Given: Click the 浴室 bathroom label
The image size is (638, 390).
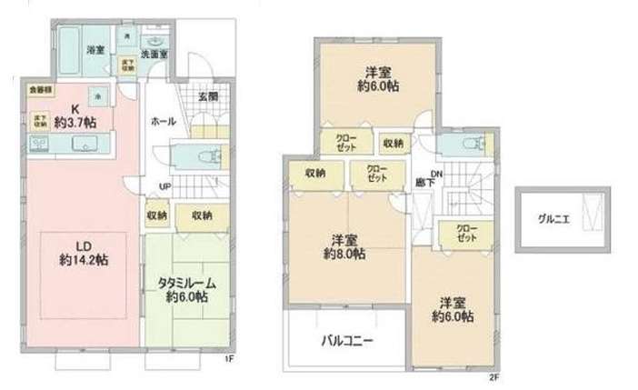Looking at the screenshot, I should coord(95,48).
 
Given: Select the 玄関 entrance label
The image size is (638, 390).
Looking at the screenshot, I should coord(206,96).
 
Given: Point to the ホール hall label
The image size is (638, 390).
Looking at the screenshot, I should coord(163,121).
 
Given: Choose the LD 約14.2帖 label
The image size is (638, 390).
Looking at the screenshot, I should coord(85,252).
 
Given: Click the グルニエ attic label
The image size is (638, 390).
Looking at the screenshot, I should coord(553,219).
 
